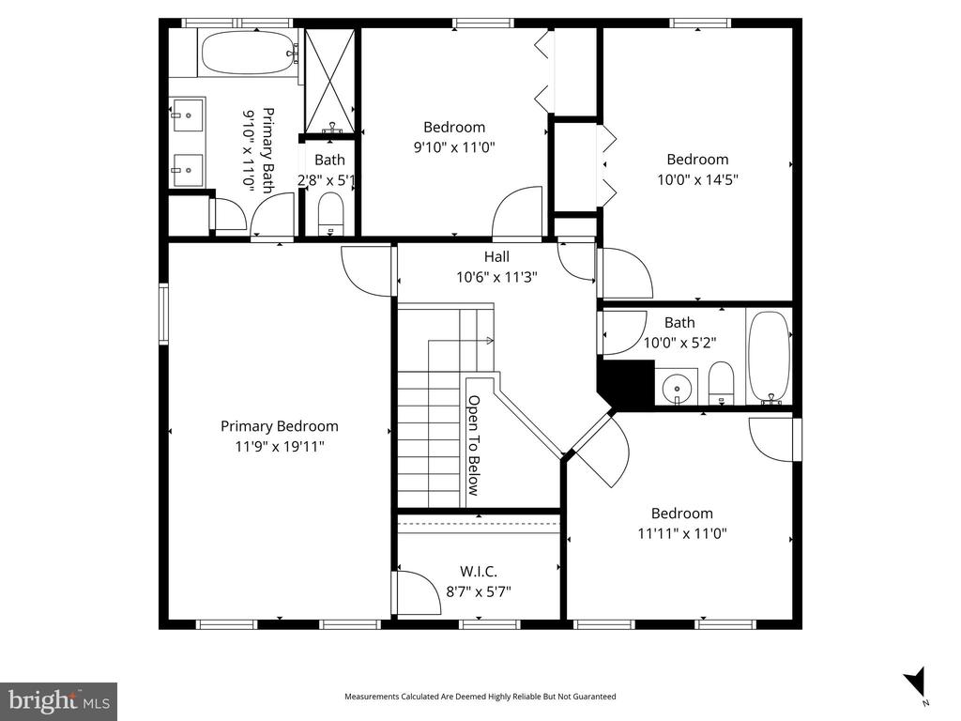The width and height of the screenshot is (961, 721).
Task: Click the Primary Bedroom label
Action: point(279,426)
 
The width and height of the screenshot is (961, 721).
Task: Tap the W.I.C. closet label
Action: point(479,571)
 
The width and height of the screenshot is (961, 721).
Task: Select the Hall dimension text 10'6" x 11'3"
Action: point(496,277)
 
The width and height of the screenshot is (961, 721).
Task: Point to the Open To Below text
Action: point(474,444)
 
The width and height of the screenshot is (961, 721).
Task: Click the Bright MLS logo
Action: point(58,700)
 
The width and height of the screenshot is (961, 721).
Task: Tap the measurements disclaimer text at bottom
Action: point(480,697)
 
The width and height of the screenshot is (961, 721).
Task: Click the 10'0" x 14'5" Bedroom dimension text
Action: point(696,180)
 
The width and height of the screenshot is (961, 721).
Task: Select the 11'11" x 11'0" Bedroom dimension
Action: point(682,533)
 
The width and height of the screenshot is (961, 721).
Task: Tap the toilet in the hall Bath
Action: point(720,383)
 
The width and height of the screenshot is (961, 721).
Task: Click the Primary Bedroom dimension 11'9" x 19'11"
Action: point(279,447)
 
